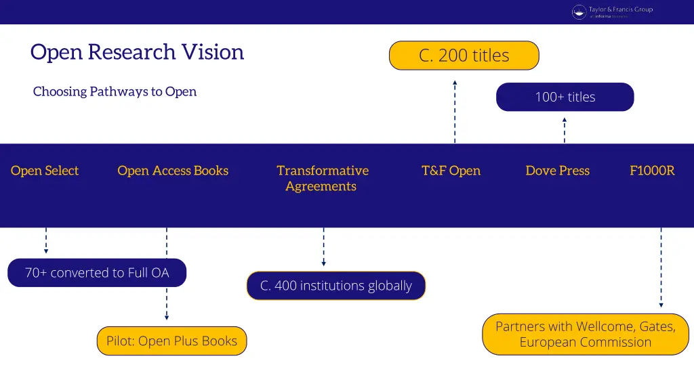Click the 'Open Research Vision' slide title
(x=137, y=52)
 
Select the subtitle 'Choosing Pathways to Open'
(x=115, y=91)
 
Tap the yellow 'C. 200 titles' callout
(x=464, y=56)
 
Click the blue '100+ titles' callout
(x=565, y=97)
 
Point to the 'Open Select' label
(x=45, y=171)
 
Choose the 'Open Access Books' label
(x=173, y=171)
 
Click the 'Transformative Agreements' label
(x=322, y=178)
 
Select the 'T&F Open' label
(x=451, y=171)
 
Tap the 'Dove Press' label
(x=557, y=171)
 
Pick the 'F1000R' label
(x=652, y=171)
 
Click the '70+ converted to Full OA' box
(x=97, y=273)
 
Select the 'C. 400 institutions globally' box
(x=335, y=286)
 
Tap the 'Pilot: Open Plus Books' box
(x=171, y=341)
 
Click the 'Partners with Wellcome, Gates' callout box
(x=586, y=334)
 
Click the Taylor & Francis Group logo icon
(x=579, y=12)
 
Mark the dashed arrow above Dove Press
(x=564, y=130)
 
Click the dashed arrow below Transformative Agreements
(x=323, y=247)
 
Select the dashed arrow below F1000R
(x=661, y=267)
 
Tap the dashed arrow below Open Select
(x=46, y=240)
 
